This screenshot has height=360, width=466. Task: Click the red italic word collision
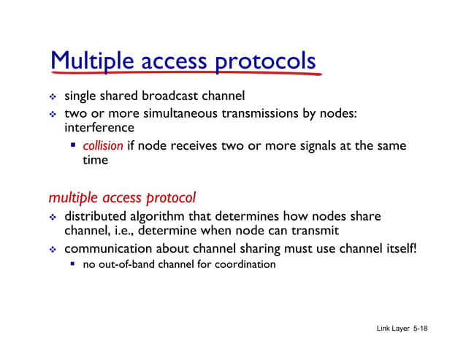pyautogui.click(x=103, y=145)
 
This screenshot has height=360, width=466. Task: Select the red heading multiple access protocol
pyautogui.click(x=122, y=197)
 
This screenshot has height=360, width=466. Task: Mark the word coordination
pyautogui.click(x=245, y=264)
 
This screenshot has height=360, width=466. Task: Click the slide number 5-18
pyautogui.click(x=420, y=329)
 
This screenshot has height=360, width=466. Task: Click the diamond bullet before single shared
pyautogui.click(x=53, y=96)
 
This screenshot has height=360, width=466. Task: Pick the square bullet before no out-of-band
pyautogui.click(x=73, y=264)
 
